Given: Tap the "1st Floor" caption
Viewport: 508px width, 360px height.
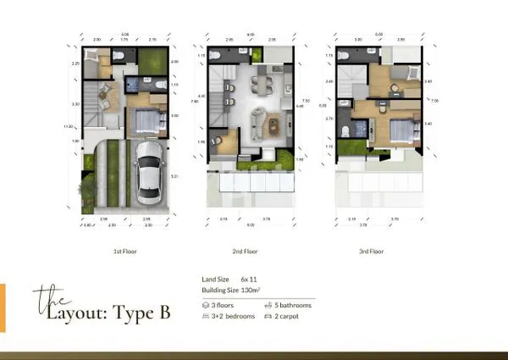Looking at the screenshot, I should (x=124, y=252).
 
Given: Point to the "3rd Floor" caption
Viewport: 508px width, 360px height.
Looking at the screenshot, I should (x=372, y=252).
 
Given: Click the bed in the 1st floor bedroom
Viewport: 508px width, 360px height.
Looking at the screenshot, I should (x=145, y=121).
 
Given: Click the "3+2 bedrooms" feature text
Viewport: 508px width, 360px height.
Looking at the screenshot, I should (x=230, y=316).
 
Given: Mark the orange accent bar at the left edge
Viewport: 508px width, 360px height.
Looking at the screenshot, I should (x=3, y=307).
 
